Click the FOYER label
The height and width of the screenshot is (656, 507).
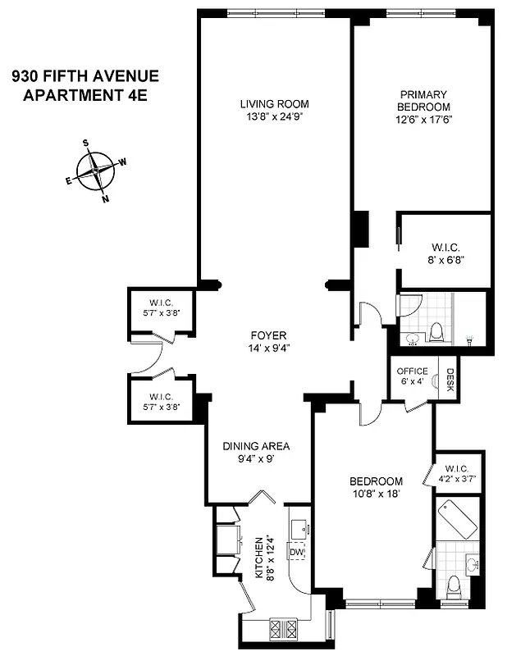(268, 335)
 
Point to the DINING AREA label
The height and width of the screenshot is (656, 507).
(257, 447)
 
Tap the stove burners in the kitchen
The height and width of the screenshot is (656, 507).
(284, 630)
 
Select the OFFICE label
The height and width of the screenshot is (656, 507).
(412, 371)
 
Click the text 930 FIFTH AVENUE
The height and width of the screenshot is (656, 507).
(84, 77)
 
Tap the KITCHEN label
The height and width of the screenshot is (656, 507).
(260, 557)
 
